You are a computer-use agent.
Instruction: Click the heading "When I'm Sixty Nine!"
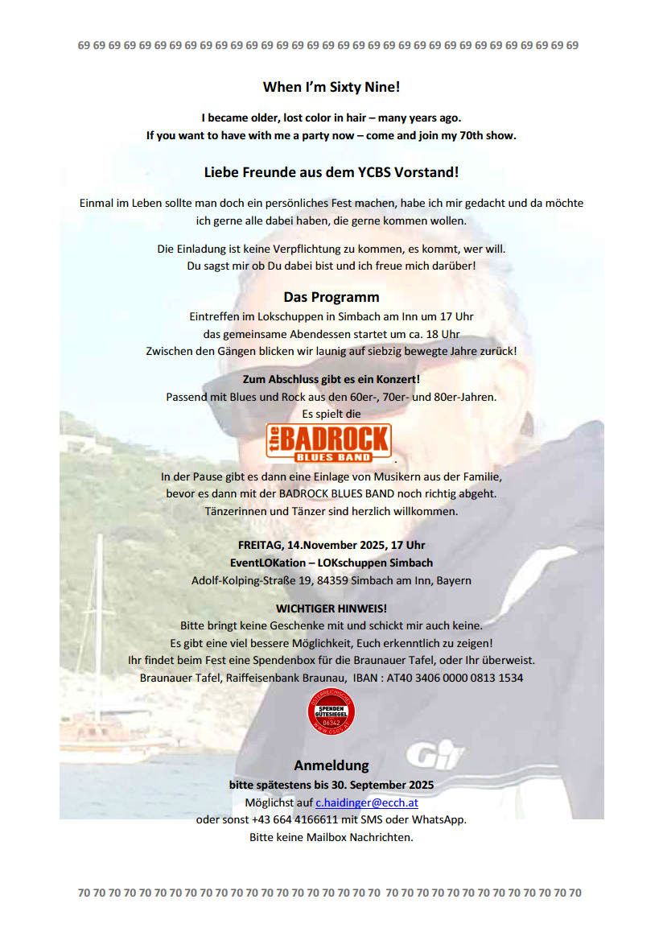(x=331, y=87)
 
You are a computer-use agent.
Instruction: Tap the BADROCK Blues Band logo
(x=330, y=443)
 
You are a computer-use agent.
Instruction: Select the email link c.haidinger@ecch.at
(x=366, y=802)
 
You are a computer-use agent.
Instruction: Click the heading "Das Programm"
(x=331, y=297)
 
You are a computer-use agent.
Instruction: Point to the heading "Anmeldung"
(x=331, y=765)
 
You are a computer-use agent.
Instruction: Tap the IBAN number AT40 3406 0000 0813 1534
(x=455, y=678)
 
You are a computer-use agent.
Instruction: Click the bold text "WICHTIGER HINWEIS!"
(x=331, y=608)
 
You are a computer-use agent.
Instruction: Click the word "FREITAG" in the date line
(x=262, y=545)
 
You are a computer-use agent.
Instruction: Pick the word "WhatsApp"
(x=441, y=820)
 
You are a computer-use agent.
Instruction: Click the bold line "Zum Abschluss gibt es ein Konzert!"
(x=331, y=378)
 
